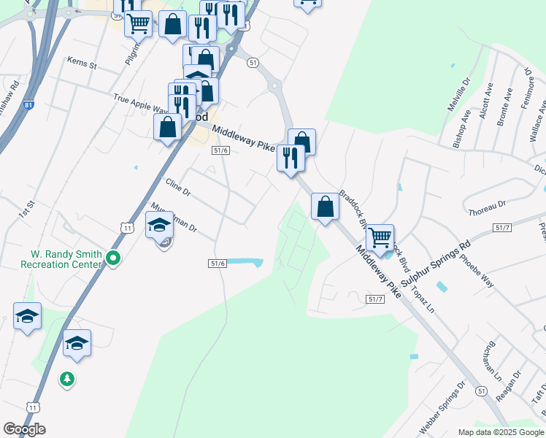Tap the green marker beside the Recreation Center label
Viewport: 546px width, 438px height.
click(x=113, y=258)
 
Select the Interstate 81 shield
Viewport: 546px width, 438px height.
click(x=28, y=105)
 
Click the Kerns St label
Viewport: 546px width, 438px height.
click(x=82, y=63)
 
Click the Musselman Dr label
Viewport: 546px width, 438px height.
click(x=173, y=218)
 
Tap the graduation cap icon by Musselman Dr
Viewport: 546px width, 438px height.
click(x=160, y=226)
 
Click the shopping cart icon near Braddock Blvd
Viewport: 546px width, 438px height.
click(x=380, y=237)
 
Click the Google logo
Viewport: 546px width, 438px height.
click(x=25, y=429)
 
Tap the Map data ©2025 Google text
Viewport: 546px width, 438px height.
click(x=500, y=432)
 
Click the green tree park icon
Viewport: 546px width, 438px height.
click(x=67, y=379)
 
